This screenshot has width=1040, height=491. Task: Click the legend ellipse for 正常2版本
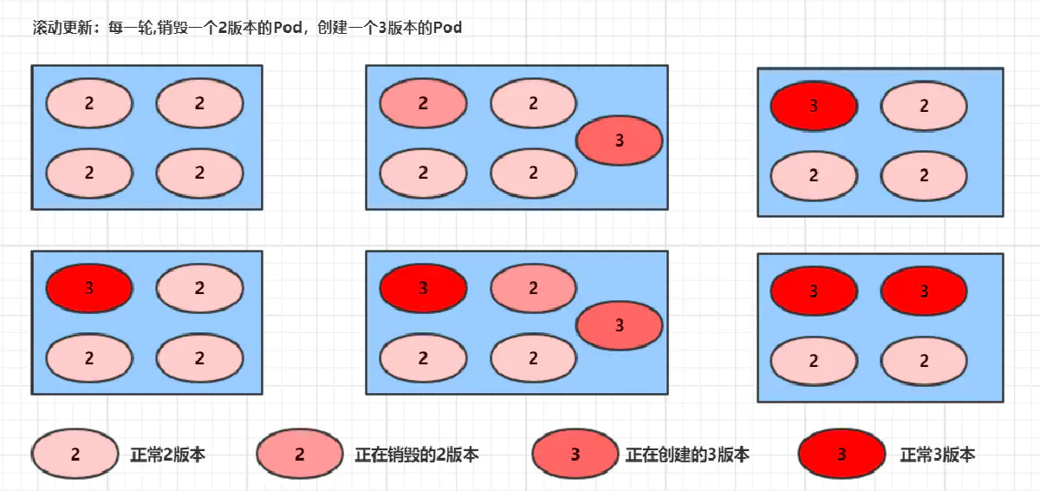(x=75, y=455)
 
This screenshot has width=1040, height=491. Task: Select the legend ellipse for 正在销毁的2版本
(x=300, y=455)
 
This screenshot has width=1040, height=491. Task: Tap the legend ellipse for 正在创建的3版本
(x=575, y=455)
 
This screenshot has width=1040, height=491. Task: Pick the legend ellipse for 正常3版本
(x=842, y=455)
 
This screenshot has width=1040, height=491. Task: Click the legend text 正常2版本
(x=168, y=455)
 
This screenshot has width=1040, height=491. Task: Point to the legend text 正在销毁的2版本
(x=417, y=455)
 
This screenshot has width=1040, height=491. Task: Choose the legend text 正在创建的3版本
(x=687, y=455)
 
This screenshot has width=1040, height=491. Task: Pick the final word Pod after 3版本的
(x=447, y=28)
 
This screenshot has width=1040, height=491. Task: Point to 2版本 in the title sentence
(x=236, y=28)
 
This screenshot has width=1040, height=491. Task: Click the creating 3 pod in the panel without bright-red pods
(x=619, y=140)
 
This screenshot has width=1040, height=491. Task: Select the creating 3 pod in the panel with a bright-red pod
(x=619, y=325)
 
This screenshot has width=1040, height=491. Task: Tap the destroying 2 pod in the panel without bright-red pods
(x=423, y=103)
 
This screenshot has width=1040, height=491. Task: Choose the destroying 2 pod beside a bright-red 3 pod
(x=533, y=288)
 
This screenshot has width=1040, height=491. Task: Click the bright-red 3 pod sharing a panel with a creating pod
(x=423, y=288)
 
